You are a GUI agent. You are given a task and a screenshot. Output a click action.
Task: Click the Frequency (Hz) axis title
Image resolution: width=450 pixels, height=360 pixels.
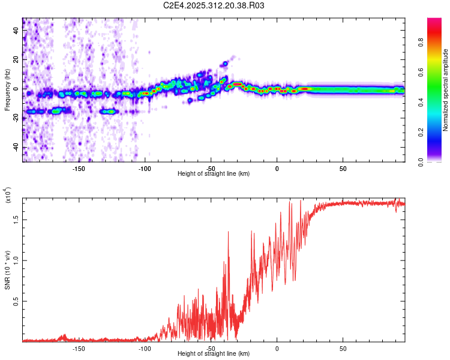tap(7, 90)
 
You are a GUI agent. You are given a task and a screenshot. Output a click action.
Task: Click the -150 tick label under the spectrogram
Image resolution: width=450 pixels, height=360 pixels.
tap(79, 169)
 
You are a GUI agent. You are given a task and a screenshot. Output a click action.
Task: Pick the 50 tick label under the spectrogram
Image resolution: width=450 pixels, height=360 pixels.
tap(343, 169)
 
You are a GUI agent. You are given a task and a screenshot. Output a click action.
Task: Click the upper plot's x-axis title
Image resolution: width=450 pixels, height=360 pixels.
tap(214, 174)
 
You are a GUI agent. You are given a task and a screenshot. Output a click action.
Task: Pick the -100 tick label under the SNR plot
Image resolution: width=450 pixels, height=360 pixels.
tap(145, 349)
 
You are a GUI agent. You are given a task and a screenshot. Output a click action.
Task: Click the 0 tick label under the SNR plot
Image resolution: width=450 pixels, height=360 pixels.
tap(277, 349)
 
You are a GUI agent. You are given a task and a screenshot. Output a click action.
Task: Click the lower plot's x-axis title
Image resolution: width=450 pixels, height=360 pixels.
tap(214, 354)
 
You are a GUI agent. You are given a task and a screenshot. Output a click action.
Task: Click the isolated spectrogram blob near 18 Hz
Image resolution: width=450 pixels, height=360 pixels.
tap(226, 63)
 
